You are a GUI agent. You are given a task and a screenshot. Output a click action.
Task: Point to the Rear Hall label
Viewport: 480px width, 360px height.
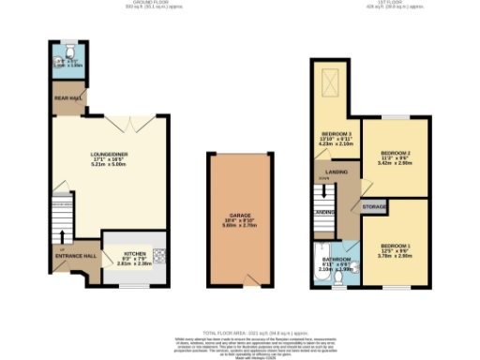tap(68, 97)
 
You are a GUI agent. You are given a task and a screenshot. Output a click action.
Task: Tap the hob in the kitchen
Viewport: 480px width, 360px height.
tap(160, 252)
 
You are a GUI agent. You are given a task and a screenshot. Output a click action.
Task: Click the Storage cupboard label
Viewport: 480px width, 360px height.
tap(375, 205)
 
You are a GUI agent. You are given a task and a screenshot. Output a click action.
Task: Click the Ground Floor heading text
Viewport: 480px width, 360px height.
tap(123, 4)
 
